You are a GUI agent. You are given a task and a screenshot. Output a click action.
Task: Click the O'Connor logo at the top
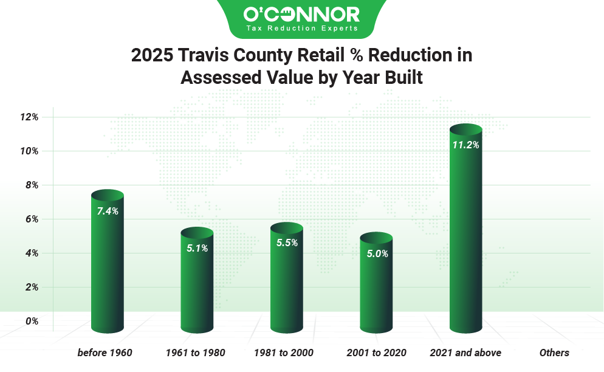coord(301,14)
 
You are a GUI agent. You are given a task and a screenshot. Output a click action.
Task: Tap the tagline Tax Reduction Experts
coord(301,28)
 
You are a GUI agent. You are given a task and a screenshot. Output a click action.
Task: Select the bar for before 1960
coord(108,267)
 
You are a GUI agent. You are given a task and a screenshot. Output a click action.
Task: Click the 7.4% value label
coord(108,212)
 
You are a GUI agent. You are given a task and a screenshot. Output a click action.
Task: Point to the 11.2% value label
coord(465,145)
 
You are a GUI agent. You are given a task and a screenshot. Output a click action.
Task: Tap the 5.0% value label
coord(377,253)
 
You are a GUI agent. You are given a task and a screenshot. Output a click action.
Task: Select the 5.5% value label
coord(287,243)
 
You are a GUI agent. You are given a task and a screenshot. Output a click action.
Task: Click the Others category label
coord(554,353)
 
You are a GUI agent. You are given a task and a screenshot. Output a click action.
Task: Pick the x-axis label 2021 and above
coord(465,353)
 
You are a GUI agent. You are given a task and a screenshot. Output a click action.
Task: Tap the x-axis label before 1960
coord(105,353)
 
